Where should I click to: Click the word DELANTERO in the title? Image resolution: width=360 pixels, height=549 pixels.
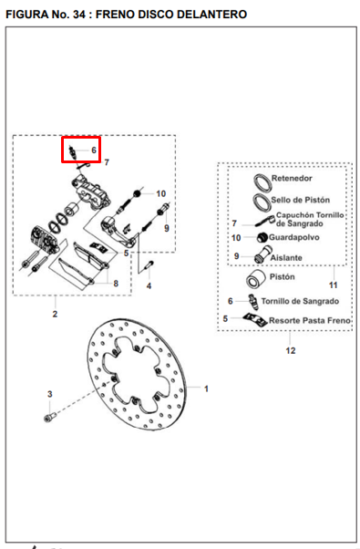[212, 15]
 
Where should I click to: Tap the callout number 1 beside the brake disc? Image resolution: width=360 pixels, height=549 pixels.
[206, 388]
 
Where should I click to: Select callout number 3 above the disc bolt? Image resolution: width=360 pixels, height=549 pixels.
[50, 394]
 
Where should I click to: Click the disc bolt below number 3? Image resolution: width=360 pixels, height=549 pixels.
[50, 417]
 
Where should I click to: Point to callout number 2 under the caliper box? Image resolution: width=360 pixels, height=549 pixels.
[55, 314]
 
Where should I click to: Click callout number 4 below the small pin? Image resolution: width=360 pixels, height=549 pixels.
[149, 285]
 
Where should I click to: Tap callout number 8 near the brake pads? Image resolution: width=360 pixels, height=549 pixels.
[116, 284]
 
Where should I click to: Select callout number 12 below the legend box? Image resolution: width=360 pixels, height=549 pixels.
[291, 350]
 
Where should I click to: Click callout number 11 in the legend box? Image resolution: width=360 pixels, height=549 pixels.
[333, 285]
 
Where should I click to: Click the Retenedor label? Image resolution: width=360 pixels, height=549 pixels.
[292, 178]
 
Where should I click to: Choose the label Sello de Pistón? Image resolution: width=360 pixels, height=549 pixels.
[300, 200]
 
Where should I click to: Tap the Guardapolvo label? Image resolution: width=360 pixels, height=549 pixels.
[293, 237]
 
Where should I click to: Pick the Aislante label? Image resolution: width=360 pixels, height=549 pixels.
[286, 258]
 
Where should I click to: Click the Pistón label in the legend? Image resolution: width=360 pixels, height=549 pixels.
[282, 276]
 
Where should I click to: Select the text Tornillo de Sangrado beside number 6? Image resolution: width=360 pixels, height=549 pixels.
[300, 301]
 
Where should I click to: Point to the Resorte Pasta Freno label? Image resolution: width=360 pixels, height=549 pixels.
[309, 320]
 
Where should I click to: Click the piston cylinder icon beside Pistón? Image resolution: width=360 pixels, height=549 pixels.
[255, 279]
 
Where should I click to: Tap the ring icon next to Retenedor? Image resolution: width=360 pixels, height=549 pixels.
[262, 182]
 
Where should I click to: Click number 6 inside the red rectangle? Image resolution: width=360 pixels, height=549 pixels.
[94, 150]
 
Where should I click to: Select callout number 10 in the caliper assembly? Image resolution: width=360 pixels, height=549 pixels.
[161, 193]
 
